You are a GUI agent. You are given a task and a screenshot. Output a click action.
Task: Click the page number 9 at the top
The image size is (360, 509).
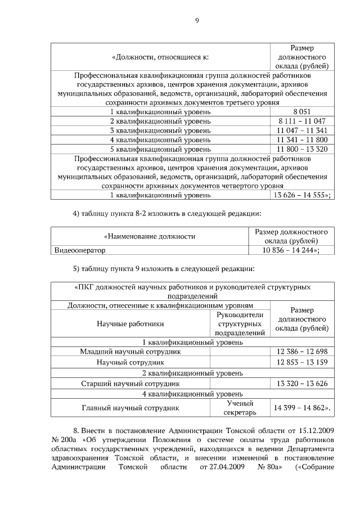(x=197, y=21)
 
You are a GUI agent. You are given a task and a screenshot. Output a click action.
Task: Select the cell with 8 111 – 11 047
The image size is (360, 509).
(x=301, y=121)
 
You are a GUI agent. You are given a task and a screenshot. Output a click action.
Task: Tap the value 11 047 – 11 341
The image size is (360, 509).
(x=301, y=130)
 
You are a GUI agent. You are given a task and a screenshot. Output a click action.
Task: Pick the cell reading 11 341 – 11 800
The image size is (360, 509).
(x=301, y=139)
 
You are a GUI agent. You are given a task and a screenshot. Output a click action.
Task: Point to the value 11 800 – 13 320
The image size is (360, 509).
(x=301, y=149)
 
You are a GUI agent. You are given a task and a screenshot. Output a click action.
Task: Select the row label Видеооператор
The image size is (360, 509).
(x=80, y=250)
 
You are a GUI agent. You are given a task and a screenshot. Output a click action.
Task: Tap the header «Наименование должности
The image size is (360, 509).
(x=150, y=236)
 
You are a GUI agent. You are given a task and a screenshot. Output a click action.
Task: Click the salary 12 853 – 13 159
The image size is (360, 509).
(x=301, y=361)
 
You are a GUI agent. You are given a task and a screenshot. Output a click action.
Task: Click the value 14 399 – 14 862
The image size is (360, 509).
(x=301, y=408)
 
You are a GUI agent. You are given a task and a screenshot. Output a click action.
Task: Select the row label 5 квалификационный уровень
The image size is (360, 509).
(x=160, y=149)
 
